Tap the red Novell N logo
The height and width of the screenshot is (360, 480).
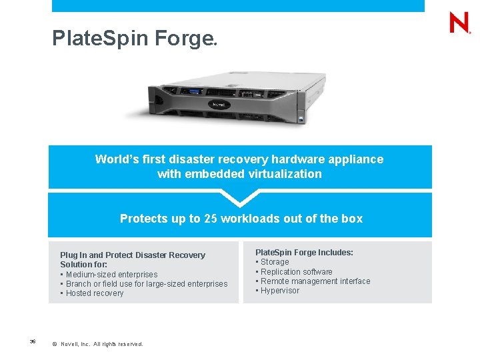[459, 23]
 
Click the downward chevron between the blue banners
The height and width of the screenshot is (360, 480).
[239, 197]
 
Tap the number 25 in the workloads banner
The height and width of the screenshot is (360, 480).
[211, 219]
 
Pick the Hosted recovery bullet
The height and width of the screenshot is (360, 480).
[94, 293]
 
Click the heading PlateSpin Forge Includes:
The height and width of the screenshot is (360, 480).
[304, 253]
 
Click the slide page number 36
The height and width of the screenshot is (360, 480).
[33, 342]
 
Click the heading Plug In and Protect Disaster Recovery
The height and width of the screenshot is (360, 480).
[133, 255]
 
